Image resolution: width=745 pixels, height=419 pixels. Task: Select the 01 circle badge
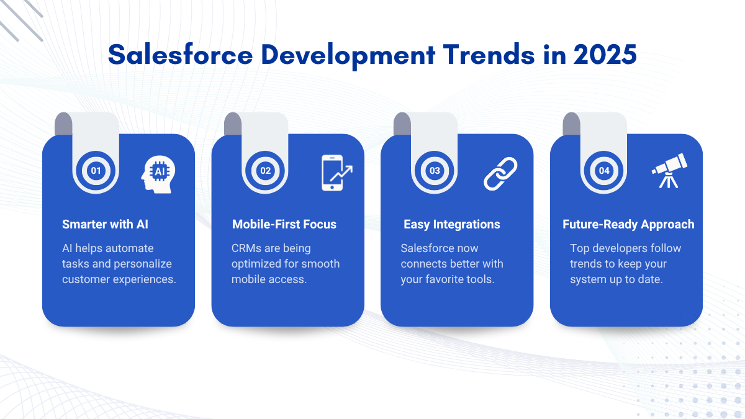pyautogui.click(x=96, y=171)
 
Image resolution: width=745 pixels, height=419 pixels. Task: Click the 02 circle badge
pyautogui.click(x=265, y=171)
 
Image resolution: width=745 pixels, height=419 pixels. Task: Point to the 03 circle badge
pyautogui.click(x=435, y=171)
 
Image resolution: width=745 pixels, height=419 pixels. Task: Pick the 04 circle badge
pyautogui.click(x=603, y=171)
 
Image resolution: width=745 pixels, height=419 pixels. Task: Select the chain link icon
pyautogui.click(x=500, y=174)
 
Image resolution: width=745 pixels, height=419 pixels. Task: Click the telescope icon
pyautogui.click(x=669, y=171)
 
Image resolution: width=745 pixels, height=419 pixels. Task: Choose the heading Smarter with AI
pyautogui.click(x=105, y=225)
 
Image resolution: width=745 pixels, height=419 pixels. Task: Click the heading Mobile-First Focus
pyautogui.click(x=284, y=225)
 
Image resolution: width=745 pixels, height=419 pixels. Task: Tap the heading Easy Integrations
pyautogui.click(x=452, y=225)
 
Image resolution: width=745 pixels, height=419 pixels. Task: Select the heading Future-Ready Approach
pyautogui.click(x=628, y=225)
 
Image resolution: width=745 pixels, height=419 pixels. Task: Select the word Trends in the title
pyautogui.click(x=489, y=55)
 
